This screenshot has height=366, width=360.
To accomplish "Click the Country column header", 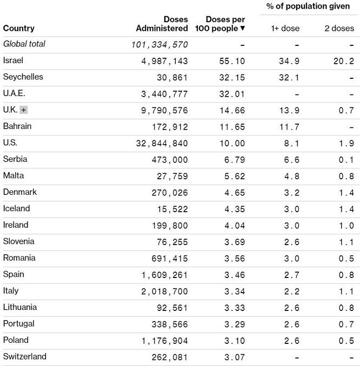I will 18,28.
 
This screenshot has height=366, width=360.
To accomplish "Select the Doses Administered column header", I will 162,24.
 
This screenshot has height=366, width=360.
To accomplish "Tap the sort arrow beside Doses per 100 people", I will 243,28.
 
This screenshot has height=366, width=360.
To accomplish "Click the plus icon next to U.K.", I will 23,110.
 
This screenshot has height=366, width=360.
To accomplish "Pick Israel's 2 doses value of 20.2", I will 343,61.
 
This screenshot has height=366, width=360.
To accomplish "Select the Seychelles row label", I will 23,77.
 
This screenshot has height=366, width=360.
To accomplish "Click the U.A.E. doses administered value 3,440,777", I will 164,94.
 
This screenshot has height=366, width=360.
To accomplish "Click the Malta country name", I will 14,176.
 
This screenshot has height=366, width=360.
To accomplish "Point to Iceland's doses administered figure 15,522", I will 171,209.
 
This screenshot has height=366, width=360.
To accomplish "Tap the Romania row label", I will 19,258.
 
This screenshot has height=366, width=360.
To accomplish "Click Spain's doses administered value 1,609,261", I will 164,275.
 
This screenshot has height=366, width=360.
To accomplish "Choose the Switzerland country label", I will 24,357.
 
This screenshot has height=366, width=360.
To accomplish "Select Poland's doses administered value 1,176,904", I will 164,341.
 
